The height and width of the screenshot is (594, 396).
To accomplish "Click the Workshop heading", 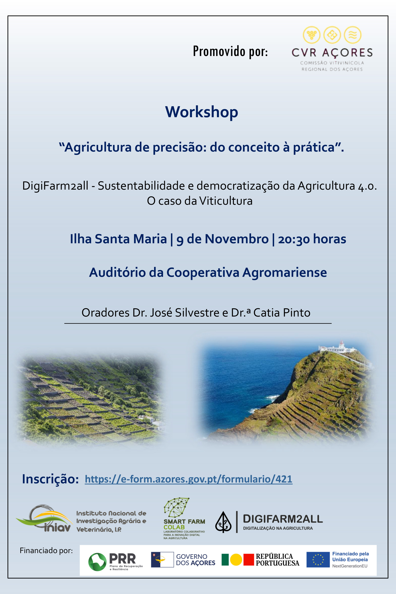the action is pos(202,112).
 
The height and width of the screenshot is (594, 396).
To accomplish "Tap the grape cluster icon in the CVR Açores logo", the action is pos(312,35).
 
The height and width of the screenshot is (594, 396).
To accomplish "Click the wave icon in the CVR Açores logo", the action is pos(353,35).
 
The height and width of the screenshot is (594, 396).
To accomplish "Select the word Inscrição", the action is pos(50,479).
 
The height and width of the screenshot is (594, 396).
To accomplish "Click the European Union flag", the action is pos(318,560).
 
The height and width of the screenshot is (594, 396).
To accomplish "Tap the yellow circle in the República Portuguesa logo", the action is pos(236,560).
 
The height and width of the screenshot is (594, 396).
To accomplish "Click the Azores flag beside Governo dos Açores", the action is pos(162,560).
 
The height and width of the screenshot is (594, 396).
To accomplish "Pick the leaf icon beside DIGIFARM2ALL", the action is pos(223,522).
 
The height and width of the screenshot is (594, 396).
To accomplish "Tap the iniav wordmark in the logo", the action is pos(57,528).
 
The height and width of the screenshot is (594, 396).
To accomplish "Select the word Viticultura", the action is pos(226,201).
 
